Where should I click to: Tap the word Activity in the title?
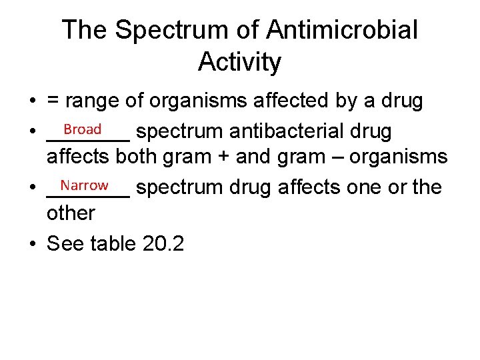click(x=240, y=62)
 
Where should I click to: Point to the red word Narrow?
click(x=84, y=185)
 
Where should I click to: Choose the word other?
click(x=71, y=213)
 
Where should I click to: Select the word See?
click(x=65, y=243)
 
